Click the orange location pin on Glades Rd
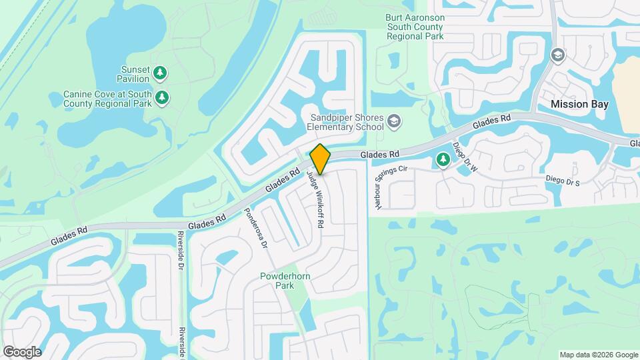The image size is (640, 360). coord(321,159)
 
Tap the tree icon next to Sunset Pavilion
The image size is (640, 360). coord(159,73)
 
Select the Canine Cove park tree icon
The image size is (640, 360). coord(162,99)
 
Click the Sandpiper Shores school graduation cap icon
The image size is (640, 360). coord(394,121)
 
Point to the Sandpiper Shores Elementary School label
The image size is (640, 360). coord(345,121)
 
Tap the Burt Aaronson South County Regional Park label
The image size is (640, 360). coord(415,27)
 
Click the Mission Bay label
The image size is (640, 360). coord(579,104)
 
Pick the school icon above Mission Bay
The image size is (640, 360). coord(556,55)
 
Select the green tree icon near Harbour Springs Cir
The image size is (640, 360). coord(442,159)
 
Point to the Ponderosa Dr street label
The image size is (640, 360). coord(255,227)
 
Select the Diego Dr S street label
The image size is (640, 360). coord(563,180)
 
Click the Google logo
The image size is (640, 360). coord(22,351)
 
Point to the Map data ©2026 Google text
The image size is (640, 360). coord(598,355)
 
